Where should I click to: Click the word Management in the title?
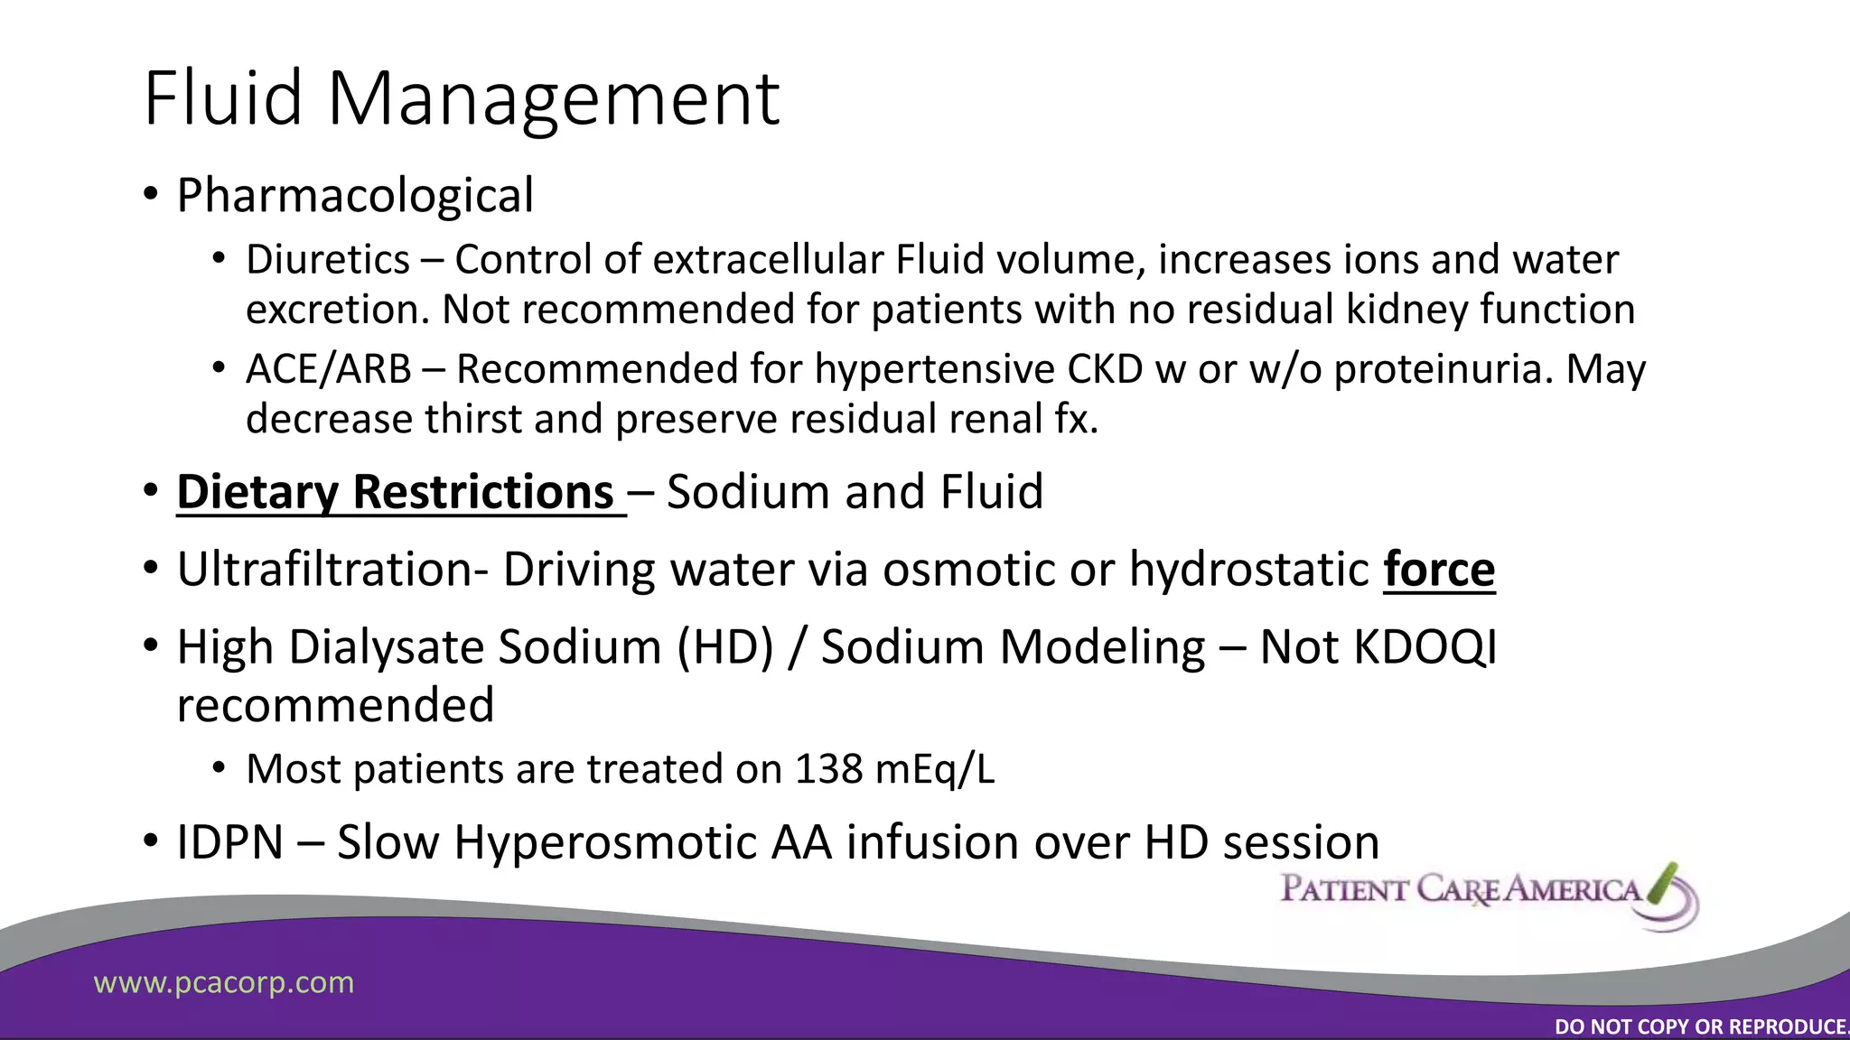tap(553, 99)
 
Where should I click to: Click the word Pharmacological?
tap(355, 196)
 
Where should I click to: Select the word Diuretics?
tap(328, 260)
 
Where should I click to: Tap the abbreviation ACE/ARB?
tap(328, 369)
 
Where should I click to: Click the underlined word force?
tap(1439, 570)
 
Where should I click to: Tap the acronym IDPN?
tap(230, 842)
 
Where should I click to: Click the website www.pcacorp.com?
tap(224, 982)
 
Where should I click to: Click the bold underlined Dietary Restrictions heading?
tap(396, 492)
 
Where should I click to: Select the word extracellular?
tap(768, 260)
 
